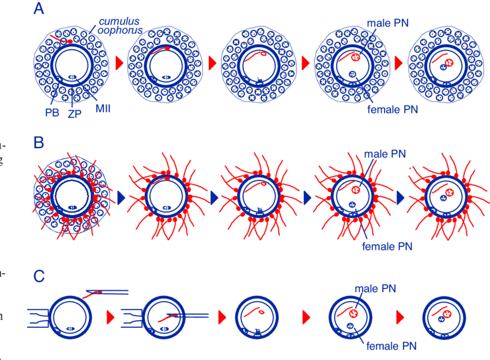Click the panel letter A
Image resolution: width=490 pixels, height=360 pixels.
39,9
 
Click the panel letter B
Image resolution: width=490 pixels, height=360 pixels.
39,142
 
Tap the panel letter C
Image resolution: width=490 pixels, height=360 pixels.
39,276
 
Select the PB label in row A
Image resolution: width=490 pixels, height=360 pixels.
52,113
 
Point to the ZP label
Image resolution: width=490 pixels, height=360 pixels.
74,114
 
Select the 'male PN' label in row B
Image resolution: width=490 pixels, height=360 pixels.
385,154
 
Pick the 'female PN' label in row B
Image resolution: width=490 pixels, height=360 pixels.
387,247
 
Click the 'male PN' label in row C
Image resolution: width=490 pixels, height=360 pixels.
375,288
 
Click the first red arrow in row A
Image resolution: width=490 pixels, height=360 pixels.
120,62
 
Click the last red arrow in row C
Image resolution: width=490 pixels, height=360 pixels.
400,317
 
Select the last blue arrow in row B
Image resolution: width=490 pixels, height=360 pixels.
400,198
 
